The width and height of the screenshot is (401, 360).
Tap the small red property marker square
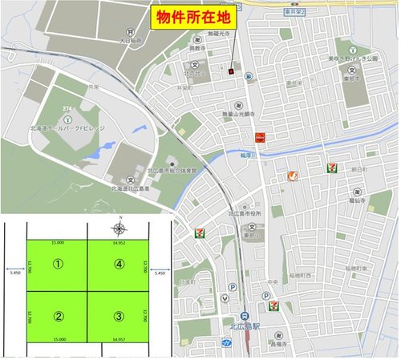230,71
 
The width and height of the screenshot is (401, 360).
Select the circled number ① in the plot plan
57,262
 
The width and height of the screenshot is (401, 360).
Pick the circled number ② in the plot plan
57,315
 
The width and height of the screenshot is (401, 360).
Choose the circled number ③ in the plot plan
119,315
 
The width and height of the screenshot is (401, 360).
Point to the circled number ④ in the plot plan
119,262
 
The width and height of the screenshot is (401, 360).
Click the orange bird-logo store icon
294,176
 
